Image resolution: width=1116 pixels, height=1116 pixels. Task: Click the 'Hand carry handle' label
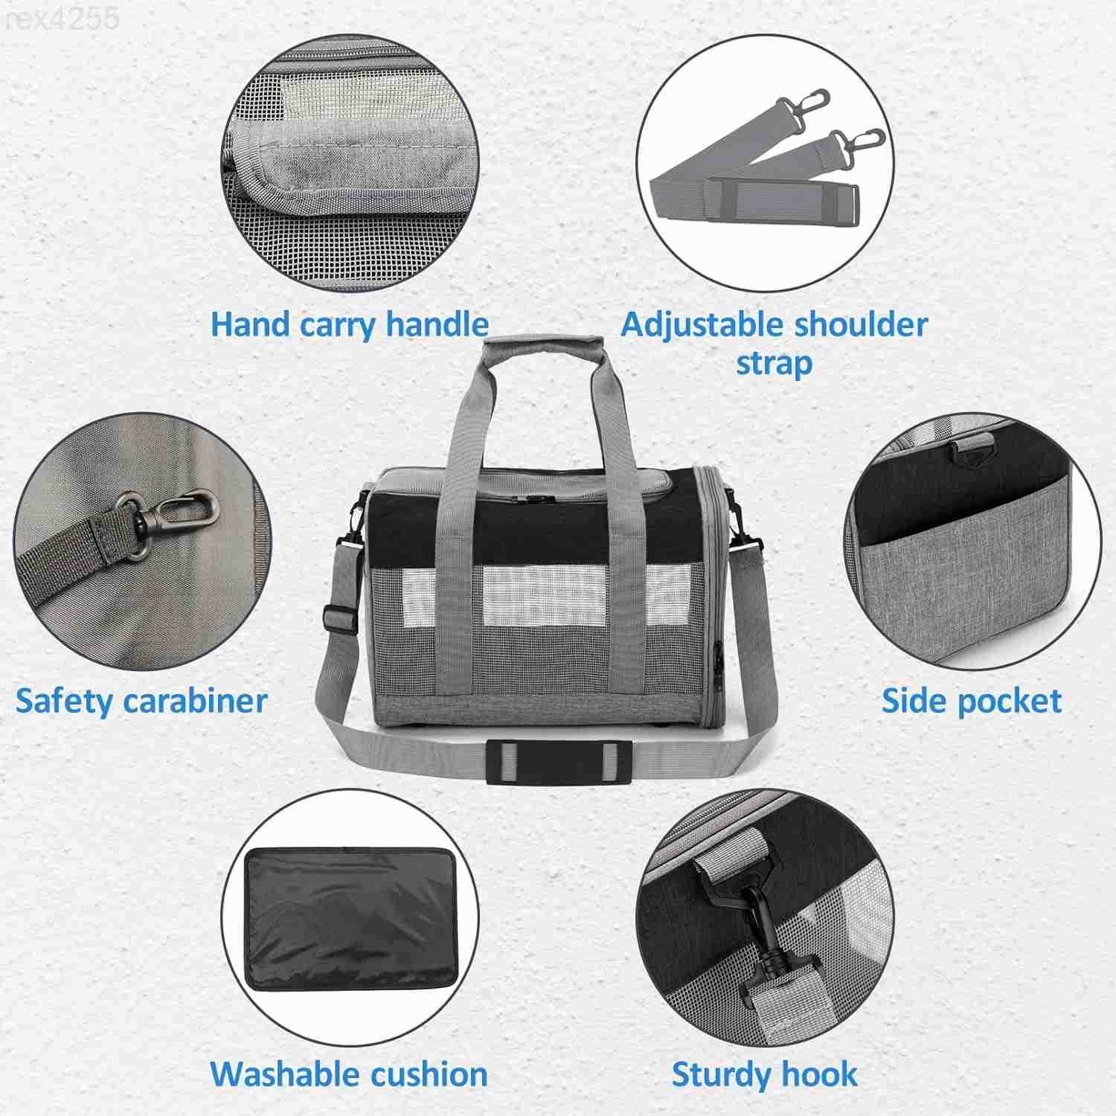350,325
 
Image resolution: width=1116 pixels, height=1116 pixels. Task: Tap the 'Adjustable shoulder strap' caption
774,344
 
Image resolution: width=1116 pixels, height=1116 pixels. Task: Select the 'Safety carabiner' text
141,701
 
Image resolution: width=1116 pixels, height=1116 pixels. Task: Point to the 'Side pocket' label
972,701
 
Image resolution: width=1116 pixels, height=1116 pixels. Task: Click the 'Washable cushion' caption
349,1074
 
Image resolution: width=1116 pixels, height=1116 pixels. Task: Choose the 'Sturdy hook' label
765,1074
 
